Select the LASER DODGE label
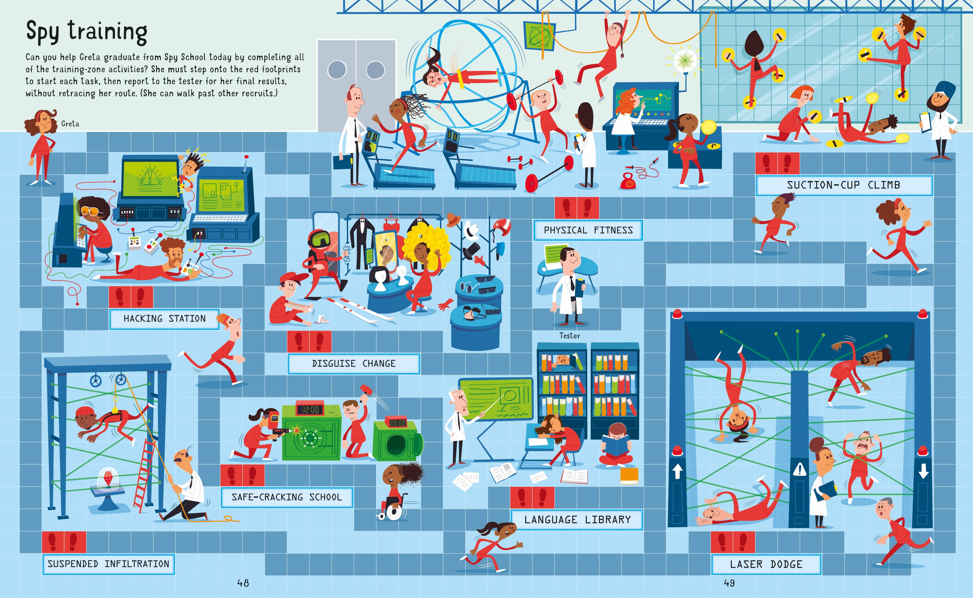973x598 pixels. point(766,564)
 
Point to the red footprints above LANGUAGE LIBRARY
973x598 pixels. point(532,498)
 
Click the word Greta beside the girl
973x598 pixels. point(70,124)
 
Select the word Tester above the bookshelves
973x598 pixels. point(570,336)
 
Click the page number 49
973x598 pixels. point(729,583)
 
